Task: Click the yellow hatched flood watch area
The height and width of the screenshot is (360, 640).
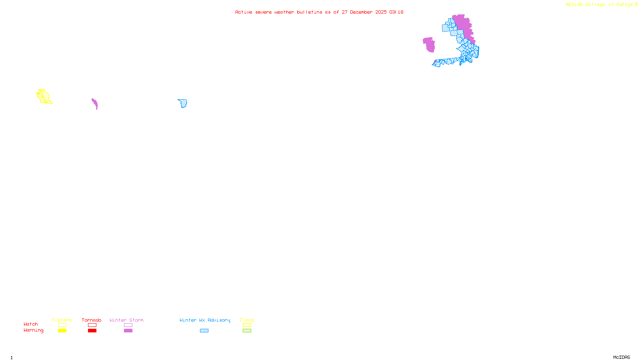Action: click(44, 96)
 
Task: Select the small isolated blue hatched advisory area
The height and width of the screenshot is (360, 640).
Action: click(183, 104)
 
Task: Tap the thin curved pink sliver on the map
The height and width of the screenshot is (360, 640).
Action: click(95, 104)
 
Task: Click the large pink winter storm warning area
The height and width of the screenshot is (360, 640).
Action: click(463, 25)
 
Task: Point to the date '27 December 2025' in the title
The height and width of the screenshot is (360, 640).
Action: click(364, 12)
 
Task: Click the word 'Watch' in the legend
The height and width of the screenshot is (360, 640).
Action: click(31, 324)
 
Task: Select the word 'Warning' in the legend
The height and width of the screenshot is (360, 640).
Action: click(33, 330)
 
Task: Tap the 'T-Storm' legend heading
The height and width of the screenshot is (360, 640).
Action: click(62, 320)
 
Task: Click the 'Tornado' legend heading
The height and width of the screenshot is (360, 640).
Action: click(92, 320)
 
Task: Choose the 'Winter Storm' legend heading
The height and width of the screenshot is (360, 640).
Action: click(126, 320)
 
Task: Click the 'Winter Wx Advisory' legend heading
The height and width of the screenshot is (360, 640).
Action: click(205, 320)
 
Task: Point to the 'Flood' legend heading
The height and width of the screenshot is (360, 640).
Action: click(247, 320)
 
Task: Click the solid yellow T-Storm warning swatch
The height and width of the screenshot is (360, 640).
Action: click(62, 331)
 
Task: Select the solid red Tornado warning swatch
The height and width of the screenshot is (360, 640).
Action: click(92, 331)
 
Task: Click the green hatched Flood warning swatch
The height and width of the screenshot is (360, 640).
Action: click(247, 331)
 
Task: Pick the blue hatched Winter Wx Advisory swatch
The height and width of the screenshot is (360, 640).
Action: click(204, 331)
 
